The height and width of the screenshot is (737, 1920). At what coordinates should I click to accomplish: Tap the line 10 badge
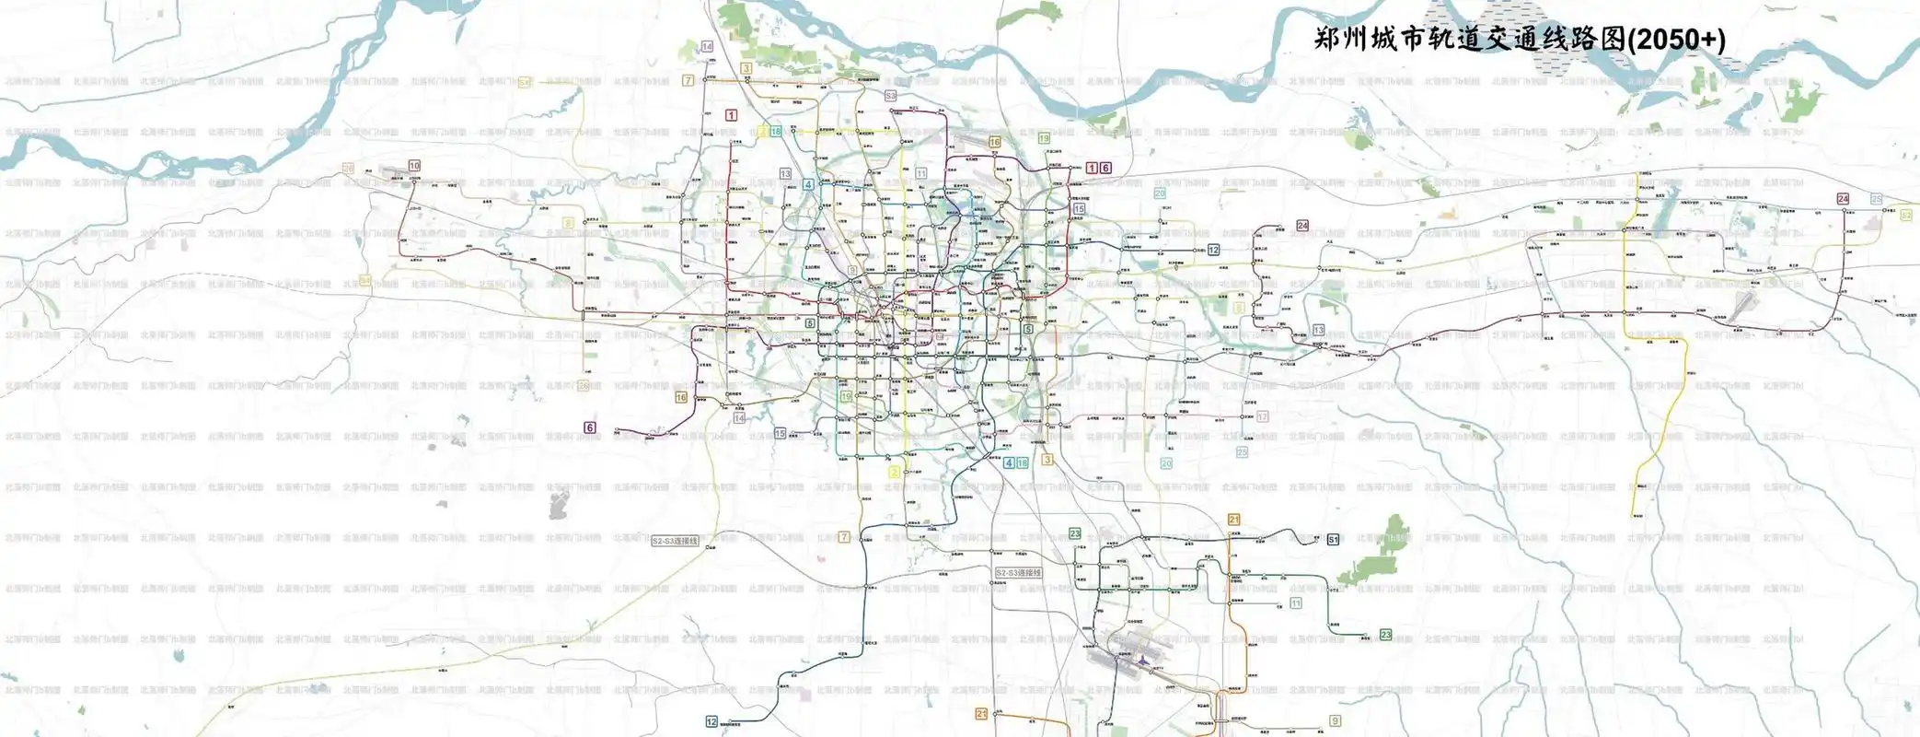click(x=414, y=166)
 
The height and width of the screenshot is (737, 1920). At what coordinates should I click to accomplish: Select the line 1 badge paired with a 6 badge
click(x=1092, y=168)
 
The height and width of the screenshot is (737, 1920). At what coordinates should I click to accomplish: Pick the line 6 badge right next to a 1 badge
click(x=1105, y=168)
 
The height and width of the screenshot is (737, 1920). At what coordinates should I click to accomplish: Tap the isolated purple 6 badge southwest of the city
click(x=590, y=427)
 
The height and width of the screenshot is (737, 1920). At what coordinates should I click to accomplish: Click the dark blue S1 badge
click(x=1333, y=540)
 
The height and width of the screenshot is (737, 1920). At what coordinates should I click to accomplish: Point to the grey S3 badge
click(x=890, y=96)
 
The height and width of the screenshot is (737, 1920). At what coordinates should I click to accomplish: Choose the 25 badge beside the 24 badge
click(x=1877, y=199)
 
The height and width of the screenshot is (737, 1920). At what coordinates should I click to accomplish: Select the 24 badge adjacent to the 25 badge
click(x=1843, y=199)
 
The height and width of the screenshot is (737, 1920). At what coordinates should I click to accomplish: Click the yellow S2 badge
click(x=1906, y=215)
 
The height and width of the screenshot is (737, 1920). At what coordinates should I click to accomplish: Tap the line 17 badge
click(x=1263, y=416)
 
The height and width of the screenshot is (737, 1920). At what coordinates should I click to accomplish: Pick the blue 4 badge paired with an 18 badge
click(x=1010, y=462)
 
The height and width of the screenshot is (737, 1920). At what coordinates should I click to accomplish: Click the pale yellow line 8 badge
click(x=569, y=223)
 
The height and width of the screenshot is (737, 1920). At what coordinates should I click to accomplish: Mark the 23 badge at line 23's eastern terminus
click(x=1386, y=635)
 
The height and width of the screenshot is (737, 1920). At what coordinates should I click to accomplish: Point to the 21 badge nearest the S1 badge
click(x=1234, y=520)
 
